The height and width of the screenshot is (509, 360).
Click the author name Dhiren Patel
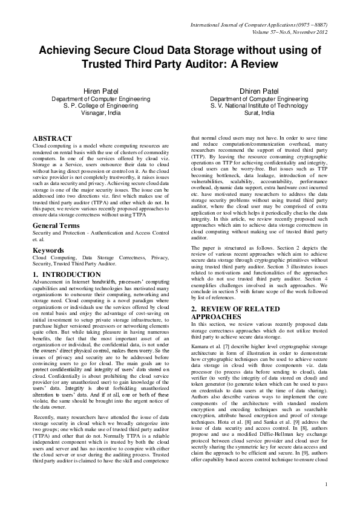coord(258,91)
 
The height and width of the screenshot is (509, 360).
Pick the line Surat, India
coord(258,112)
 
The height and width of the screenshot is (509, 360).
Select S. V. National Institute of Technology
coord(258,105)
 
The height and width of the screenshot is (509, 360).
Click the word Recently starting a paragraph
coord(47,415)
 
